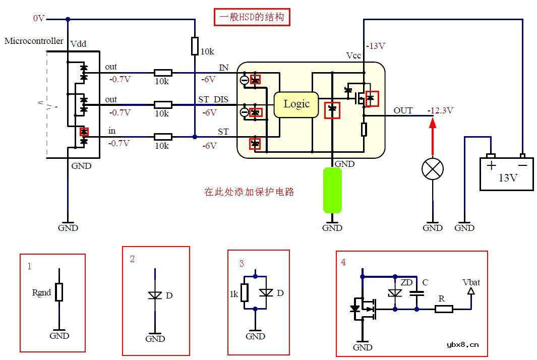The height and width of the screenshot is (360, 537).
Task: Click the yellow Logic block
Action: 296,104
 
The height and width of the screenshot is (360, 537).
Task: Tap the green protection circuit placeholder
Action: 332,190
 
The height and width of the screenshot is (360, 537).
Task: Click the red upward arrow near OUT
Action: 432,136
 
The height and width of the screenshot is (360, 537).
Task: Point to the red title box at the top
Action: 252,18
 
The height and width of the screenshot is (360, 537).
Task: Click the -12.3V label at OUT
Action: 440,110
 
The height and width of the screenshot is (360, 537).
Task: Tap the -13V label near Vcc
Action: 376,46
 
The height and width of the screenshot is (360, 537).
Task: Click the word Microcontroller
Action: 34,41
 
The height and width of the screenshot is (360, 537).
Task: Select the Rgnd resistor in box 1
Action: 59,292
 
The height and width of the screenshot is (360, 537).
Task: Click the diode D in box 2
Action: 155,295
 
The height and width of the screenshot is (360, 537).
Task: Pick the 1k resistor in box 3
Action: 245,292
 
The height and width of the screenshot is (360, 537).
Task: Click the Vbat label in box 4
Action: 471,282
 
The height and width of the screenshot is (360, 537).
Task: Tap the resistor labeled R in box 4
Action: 444,309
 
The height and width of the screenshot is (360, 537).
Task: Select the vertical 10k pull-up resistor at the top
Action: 195,46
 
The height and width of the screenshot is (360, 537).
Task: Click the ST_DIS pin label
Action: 213,100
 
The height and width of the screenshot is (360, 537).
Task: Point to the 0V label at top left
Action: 39,18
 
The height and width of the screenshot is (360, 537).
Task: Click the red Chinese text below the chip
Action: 249,192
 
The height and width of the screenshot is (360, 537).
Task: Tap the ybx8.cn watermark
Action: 462,345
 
